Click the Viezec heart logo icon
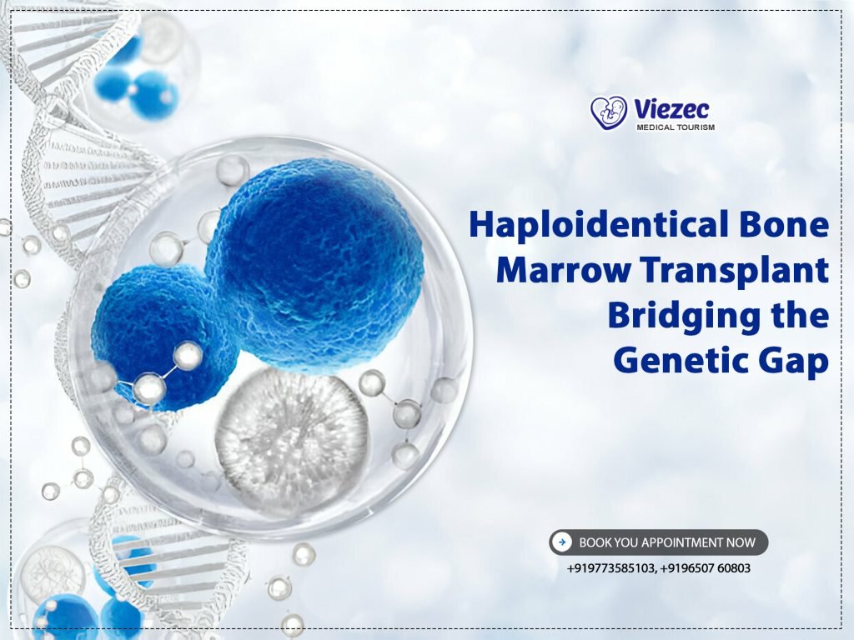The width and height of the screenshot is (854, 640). coord(609,112)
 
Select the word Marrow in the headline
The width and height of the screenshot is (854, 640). coord(544,271)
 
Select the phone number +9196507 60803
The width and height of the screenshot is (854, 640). coord(706,569)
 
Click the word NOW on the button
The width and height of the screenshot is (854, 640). coord(741,542)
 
